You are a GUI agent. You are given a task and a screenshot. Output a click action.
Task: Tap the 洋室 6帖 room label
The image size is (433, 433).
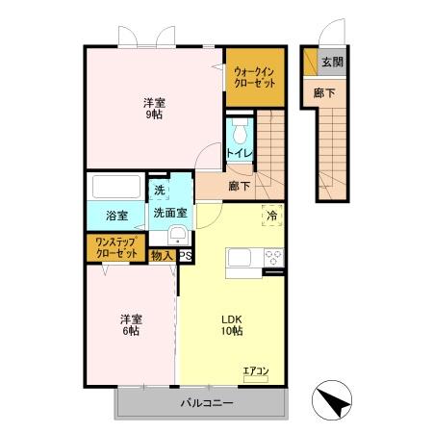click(131, 324)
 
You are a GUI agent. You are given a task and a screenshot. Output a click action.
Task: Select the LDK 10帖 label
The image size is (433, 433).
click(232, 324)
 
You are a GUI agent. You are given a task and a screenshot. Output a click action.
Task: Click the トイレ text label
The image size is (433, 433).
click(240, 153)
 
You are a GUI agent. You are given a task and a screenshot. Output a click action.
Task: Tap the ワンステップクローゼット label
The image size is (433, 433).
click(116, 247)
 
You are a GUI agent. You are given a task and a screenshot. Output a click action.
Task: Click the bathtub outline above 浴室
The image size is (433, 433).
click(115, 186)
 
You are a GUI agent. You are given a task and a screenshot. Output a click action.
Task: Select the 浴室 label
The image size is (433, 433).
click(116, 216)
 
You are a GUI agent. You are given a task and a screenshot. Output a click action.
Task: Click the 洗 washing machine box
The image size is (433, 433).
click(160, 191)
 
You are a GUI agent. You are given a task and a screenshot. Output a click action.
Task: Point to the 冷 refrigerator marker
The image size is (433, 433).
click(272, 215)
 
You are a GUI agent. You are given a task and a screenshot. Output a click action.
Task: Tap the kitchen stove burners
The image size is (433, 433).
click(272, 258)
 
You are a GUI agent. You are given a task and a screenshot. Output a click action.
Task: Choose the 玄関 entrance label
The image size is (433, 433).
click(332, 62)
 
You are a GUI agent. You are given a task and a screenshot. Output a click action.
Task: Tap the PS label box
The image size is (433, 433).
click(185, 256)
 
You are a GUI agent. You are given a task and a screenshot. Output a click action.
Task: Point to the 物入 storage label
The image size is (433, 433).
click(163, 256)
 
